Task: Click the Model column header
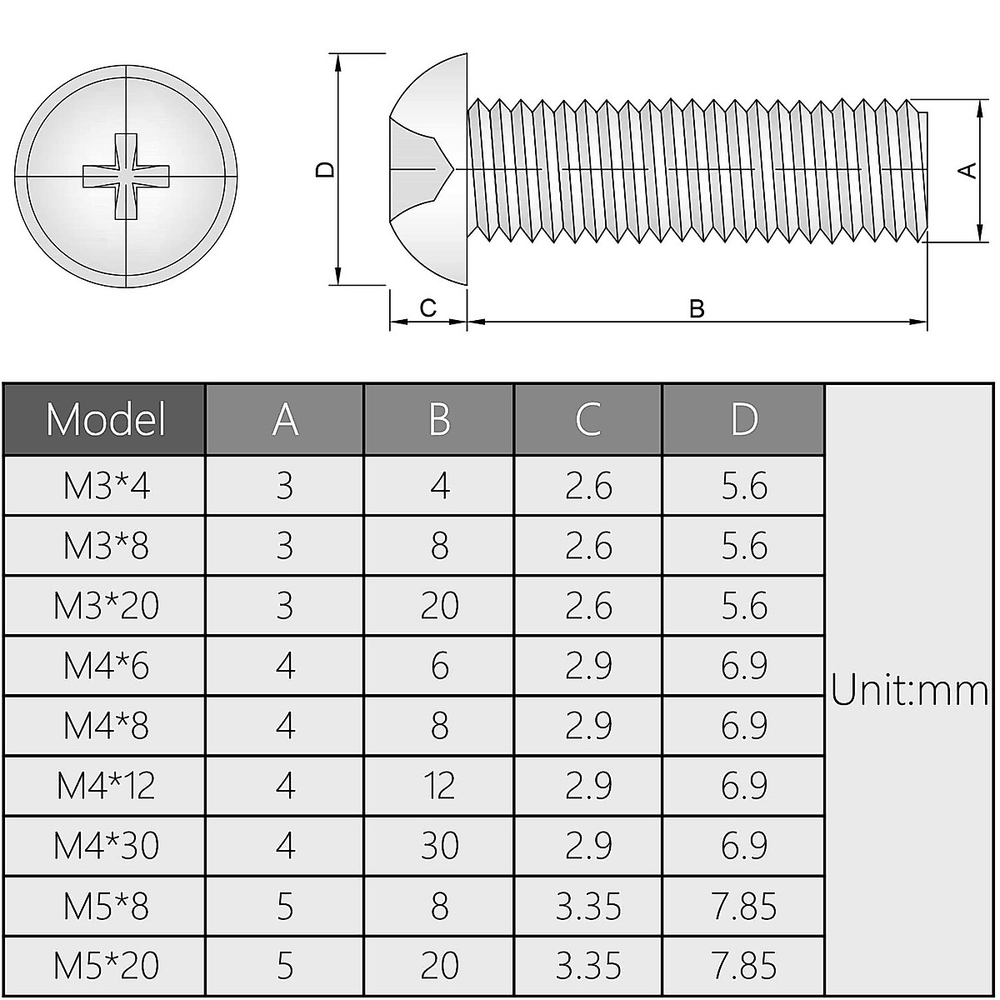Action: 105,419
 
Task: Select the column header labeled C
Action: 588,419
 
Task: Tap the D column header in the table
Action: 743,419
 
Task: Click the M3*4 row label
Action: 106,486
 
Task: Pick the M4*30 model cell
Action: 106,846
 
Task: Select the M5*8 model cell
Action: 106,906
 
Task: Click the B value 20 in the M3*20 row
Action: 439,606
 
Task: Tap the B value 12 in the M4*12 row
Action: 439,786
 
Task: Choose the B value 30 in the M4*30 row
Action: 439,846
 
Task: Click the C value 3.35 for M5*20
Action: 588,966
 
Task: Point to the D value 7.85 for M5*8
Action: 743,906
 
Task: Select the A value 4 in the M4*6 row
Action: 285,666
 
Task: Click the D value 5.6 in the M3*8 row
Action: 743,546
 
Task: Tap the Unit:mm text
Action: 910,692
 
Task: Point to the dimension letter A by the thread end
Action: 967,170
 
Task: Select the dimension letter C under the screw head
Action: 427,308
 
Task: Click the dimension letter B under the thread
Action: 697,309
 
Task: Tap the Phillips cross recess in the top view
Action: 126,176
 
